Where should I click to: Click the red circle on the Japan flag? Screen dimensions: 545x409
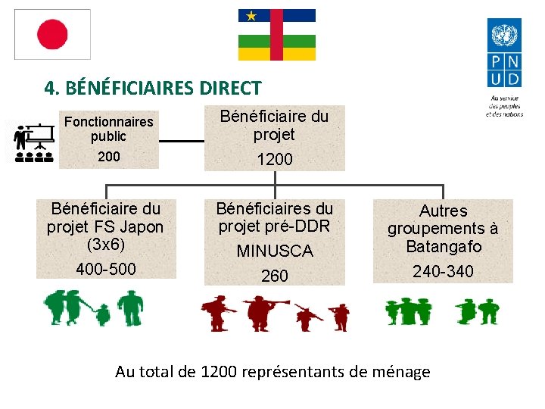tap(53, 34)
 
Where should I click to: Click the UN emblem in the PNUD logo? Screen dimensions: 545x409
tap(504, 36)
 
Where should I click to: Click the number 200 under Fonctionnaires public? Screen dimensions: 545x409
tap(108, 156)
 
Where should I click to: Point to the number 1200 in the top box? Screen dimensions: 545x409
tap(274, 160)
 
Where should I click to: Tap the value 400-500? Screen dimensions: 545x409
tap(105, 269)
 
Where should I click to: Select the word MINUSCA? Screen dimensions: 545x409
tap(274, 251)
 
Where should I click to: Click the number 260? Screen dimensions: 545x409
tap(274, 276)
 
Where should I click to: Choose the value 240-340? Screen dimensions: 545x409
tap(443, 271)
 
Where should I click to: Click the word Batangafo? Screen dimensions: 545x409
tap(443, 246)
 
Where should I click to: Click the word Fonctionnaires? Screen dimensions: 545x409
tap(108, 121)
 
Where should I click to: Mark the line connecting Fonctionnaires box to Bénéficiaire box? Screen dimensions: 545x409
tap(181, 141)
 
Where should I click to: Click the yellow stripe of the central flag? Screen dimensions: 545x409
tap(277, 55)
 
